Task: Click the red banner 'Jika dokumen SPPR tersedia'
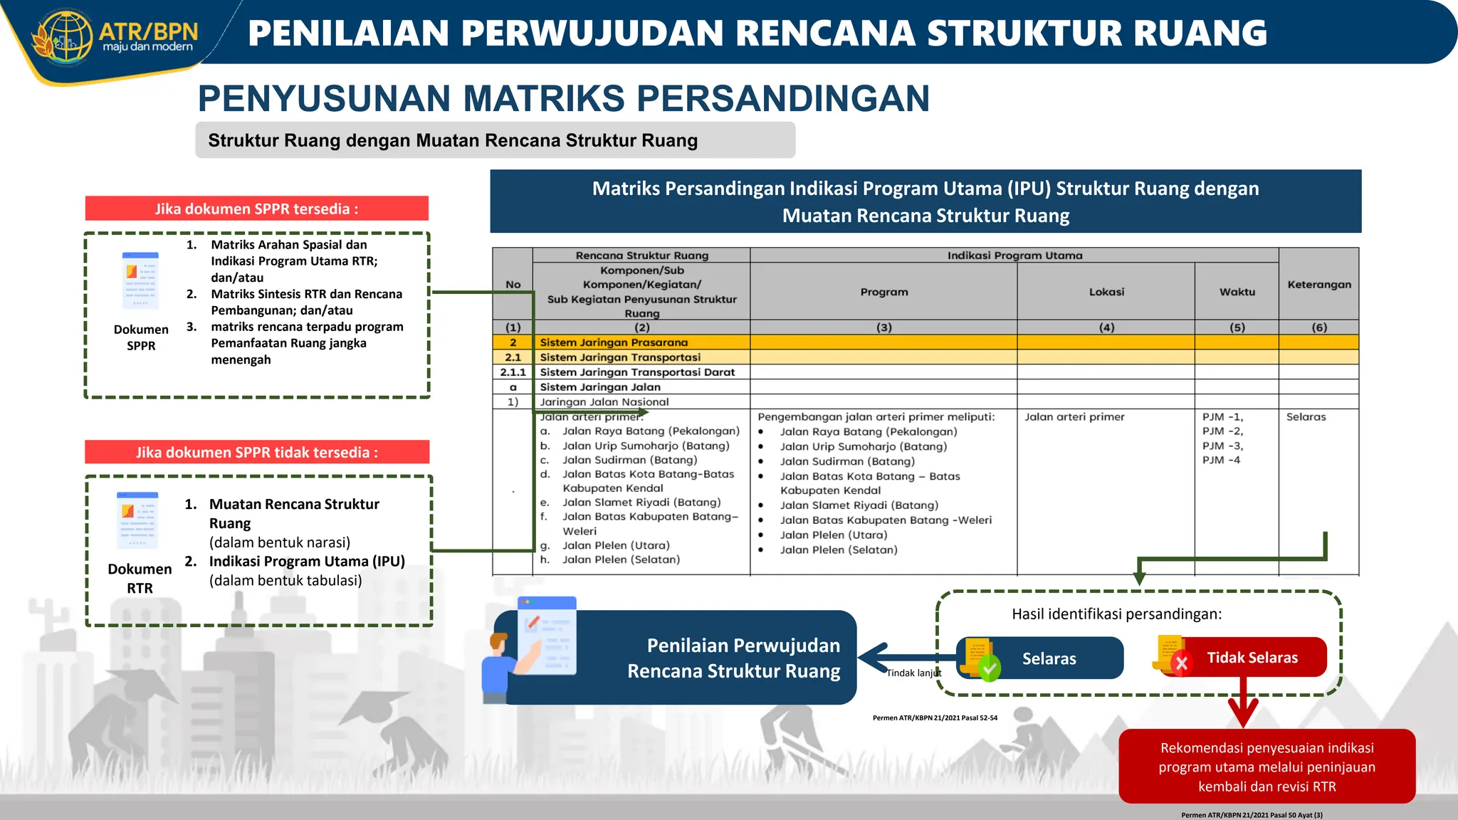(x=256, y=209)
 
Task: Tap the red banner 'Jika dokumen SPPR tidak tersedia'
(x=256, y=452)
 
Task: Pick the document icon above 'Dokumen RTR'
(x=137, y=520)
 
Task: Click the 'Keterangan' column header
(x=1318, y=284)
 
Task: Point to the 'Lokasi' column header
(x=1106, y=292)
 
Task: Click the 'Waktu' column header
(x=1237, y=292)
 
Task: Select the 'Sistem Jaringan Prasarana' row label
(x=614, y=342)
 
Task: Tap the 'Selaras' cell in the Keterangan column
(x=1306, y=417)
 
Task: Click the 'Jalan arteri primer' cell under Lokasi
(x=1074, y=417)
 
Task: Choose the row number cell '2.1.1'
(x=513, y=372)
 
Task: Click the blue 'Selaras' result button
(x=1049, y=658)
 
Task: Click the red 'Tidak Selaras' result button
(x=1252, y=658)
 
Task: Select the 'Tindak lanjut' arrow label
(x=913, y=673)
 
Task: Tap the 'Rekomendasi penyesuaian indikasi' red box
(x=1266, y=767)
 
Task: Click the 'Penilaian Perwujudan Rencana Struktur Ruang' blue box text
(x=733, y=658)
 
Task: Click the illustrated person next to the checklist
(x=500, y=666)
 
